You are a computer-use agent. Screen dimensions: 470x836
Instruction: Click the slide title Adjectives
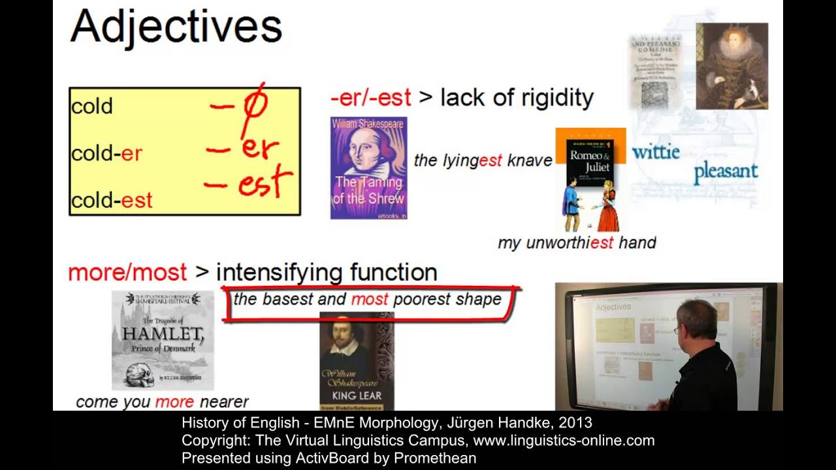(x=176, y=28)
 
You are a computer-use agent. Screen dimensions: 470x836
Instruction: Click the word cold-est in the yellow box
(x=112, y=200)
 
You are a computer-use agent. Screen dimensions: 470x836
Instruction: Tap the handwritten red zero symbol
(x=255, y=105)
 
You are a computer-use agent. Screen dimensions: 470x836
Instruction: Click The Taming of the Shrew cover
(x=368, y=168)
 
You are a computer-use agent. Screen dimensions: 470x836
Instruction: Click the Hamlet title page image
(x=163, y=340)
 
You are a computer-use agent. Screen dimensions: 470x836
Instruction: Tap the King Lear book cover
(x=357, y=360)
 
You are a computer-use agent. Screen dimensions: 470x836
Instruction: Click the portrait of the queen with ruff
(x=731, y=66)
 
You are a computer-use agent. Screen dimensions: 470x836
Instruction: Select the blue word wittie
(x=656, y=152)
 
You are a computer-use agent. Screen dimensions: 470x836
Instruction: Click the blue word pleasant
(x=726, y=172)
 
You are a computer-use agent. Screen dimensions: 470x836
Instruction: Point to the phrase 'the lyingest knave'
(x=483, y=161)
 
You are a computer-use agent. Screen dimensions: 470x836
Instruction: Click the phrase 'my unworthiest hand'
(x=576, y=243)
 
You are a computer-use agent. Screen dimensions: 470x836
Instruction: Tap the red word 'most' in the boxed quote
(x=370, y=300)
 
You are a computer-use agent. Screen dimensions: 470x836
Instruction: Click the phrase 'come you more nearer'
(x=162, y=402)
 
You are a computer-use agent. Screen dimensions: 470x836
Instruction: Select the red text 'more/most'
(x=127, y=272)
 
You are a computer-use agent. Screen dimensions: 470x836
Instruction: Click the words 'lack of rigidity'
(x=517, y=98)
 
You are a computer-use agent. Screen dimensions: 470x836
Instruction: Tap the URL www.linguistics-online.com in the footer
(x=564, y=441)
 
